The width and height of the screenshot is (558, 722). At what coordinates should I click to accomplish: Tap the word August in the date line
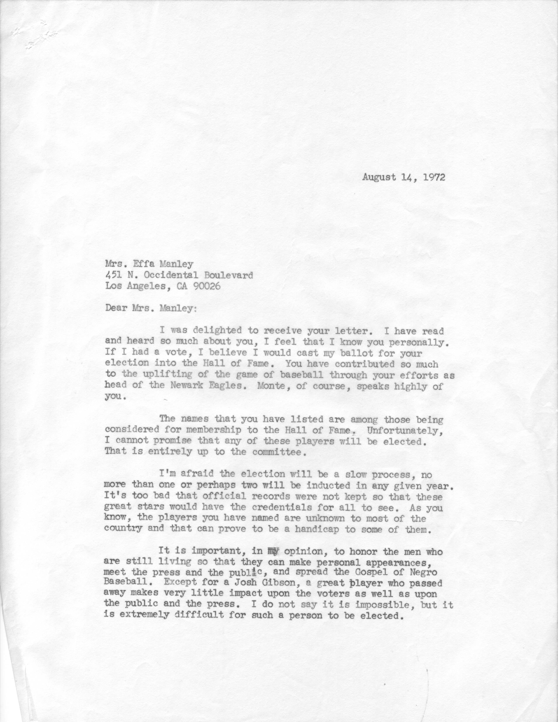pyautogui.click(x=379, y=177)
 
